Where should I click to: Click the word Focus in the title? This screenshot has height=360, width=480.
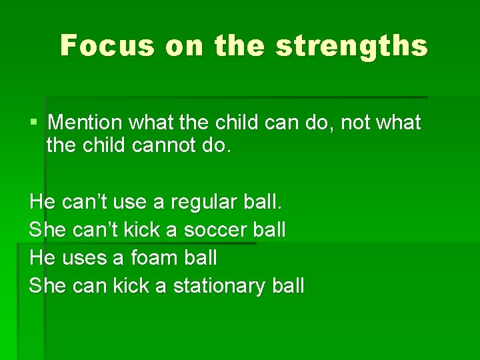click(106, 45)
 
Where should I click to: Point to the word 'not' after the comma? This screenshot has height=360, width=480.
click(355, 123)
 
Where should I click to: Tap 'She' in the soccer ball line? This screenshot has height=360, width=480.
click(47, 229)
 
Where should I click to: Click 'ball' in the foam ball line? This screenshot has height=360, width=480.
click(199, 257)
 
